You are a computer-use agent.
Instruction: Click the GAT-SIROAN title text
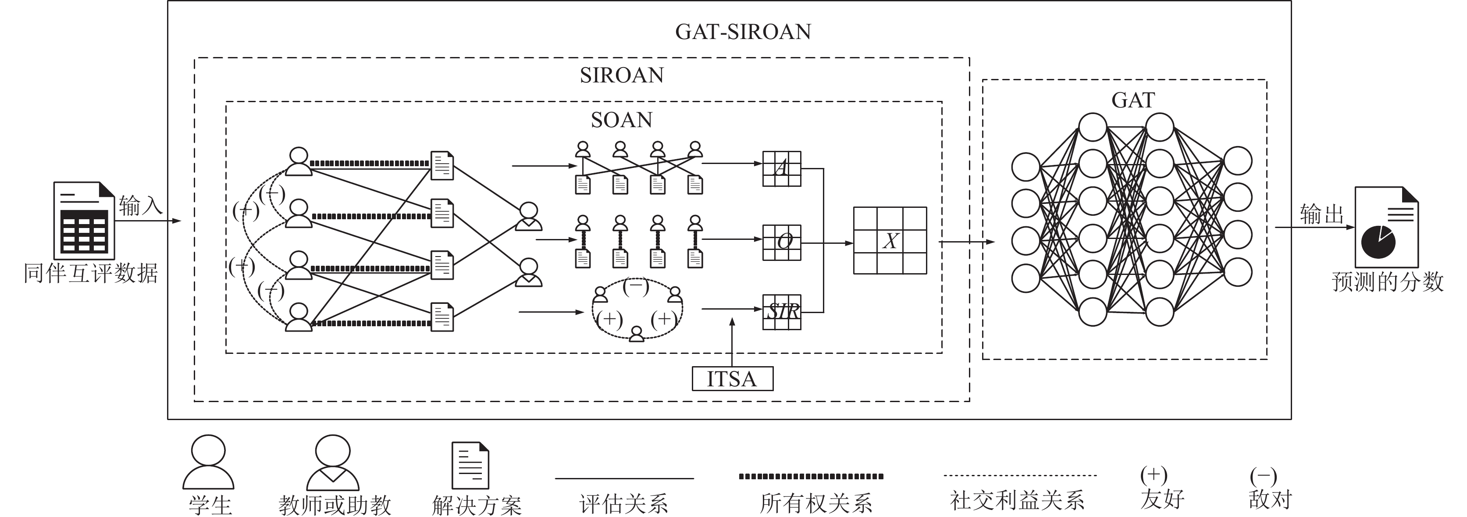[743, 32]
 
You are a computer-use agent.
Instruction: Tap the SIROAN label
[622, 75]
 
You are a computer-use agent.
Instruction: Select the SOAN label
[621, 120]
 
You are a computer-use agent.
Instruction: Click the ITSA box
[732, 378]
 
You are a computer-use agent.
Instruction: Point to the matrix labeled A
[781, 168]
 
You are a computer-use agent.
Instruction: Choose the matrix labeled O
[781, 242]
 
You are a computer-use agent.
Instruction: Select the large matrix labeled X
[890, 240]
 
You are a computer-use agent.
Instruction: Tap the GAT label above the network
[1133, 100]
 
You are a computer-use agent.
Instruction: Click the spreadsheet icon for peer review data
[84, 221]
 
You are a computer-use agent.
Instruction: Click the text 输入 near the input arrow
[141, 206]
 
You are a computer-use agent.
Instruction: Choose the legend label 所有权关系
[816, 503]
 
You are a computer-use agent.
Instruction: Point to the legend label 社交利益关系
[1017, 500]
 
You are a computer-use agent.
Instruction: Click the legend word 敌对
[1270, 499]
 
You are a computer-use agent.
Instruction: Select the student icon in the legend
[208, 462]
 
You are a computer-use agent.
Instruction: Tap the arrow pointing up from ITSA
[732, 342]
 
